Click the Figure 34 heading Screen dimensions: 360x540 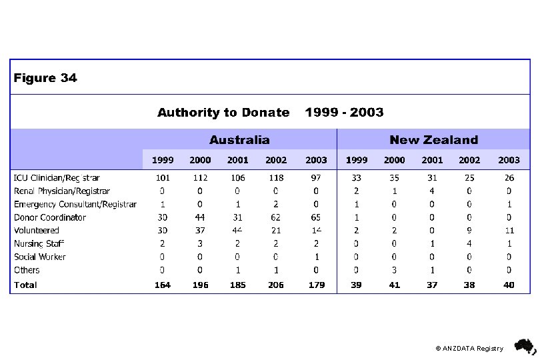pos(45,78)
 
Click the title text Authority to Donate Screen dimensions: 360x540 pos(223,113)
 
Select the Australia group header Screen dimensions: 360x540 pos(239,140)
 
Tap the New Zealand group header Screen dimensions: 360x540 pos(433,140)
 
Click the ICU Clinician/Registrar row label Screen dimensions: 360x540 pos(57,178)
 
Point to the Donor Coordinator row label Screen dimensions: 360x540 pos(50,217)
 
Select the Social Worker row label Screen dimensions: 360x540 pos(40,257)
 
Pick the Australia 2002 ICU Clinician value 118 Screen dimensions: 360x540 pos(275,178)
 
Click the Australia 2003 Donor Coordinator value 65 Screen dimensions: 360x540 pos(316,217)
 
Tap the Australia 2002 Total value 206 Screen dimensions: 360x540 pos(275,285)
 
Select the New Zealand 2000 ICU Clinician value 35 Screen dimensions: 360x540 pos(394,178)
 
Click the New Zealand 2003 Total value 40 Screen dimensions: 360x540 pos(509,285)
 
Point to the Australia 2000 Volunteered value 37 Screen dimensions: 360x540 pos(200,230)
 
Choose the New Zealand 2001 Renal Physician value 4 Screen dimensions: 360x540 pos(432,191)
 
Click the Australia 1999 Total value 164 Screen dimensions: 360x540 pos(163,285)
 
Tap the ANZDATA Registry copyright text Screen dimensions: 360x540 pos(469,348)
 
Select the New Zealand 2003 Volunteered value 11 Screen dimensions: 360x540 pos(509,230)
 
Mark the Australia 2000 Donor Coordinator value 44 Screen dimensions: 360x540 pos(200,217)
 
